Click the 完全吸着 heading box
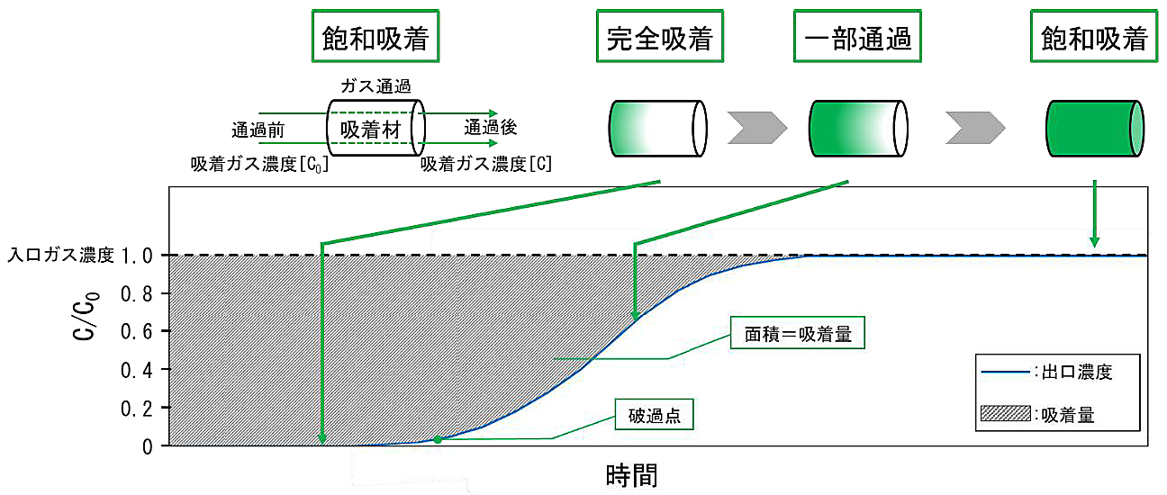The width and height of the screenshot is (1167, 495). tap(659, 39)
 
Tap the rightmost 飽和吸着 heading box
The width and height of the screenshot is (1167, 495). tap(1094, 39)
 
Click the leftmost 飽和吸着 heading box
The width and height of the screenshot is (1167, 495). tap(374, 39)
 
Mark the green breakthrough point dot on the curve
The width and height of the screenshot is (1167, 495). tap(438, 439)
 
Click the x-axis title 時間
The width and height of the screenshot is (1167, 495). tap(631, 473)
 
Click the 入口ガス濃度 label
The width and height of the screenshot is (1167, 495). tap(61, 256)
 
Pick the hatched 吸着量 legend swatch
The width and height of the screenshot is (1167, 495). tap(1003, 414)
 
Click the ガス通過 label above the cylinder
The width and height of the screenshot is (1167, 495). tap(375, 86)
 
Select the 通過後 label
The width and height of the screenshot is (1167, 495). tap(490, 128)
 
